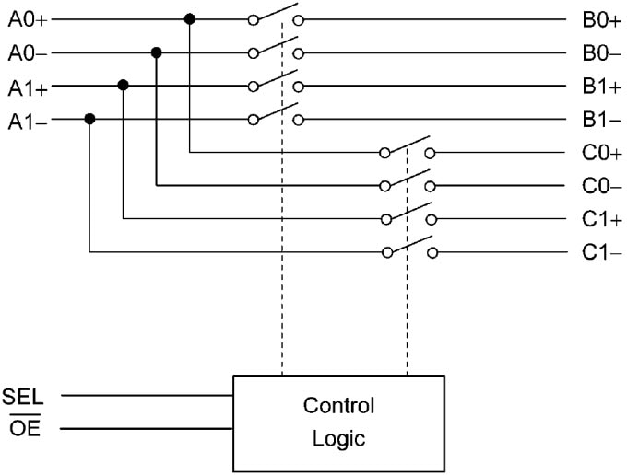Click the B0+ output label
coord(601,19)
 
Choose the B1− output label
coord(601,120)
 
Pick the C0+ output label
coord(601,153)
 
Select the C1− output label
coord(601,252)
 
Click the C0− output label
coord(601,186)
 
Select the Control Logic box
coord(338,422)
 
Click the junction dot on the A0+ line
coord(190,18)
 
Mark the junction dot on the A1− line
coord(89,119)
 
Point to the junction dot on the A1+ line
coord(123,86)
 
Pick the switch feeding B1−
coord(275,116)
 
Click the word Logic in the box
coord(338,438)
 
